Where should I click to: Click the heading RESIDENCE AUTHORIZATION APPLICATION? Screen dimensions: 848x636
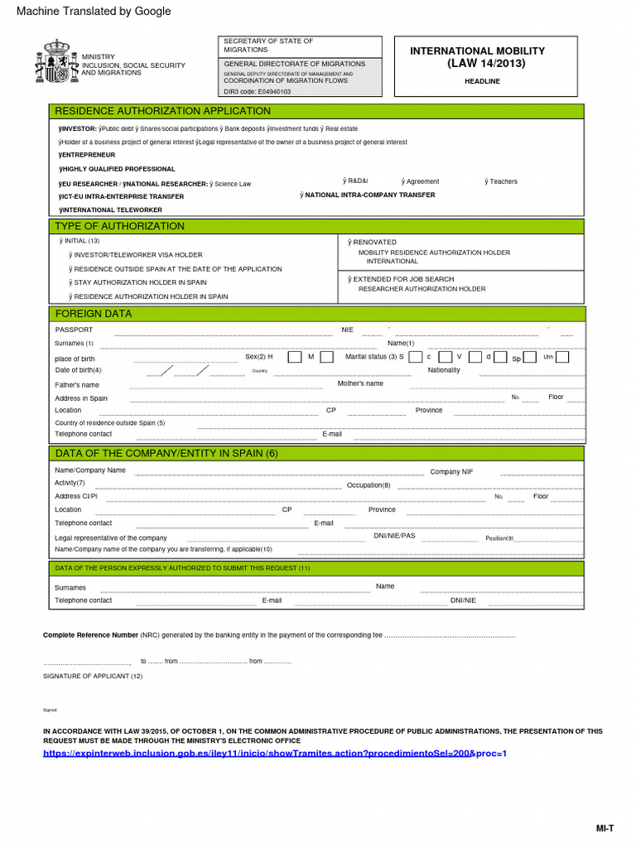pos(162,111)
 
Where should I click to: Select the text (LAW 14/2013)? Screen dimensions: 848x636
pos(486,64)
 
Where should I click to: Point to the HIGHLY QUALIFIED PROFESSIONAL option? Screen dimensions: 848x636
pos(117,169)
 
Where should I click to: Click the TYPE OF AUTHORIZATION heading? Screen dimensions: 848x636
pos(119,226)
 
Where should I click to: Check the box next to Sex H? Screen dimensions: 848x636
pos(285,357)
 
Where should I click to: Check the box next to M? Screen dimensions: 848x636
pos(326,357)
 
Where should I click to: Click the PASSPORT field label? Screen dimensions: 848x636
pos(74,330)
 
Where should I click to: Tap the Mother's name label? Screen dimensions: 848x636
pos(360,383)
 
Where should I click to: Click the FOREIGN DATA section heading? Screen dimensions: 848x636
pos(93,314)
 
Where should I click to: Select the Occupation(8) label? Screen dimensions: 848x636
pos(369,485)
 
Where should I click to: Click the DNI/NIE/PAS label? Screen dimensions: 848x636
pos(394,536)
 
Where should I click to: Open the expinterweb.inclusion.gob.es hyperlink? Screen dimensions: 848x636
pos(274,754)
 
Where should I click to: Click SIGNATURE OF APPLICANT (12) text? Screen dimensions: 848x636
pos(93,676)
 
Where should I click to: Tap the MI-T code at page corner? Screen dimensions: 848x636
pos(605,828)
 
